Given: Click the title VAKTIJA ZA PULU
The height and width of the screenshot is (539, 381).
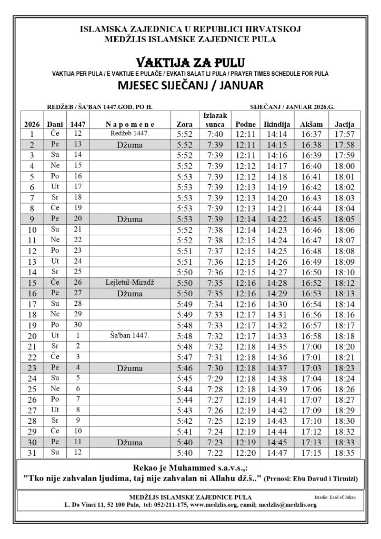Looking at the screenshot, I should pos(190,63).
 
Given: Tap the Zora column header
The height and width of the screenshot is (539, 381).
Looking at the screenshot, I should pos(186,124).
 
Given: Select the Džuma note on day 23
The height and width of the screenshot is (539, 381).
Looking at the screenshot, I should pos(130,367).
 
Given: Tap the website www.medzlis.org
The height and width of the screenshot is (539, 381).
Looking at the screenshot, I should pos(212,505).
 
